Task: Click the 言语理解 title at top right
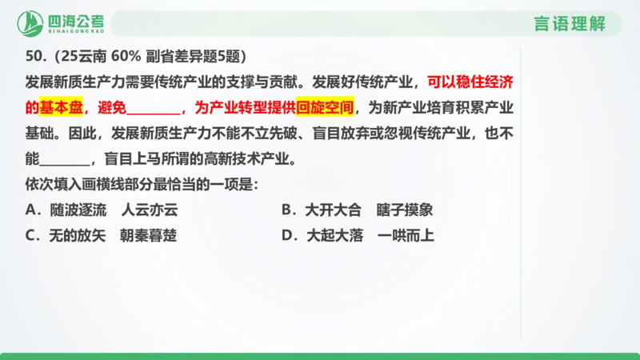[x=569, y=23]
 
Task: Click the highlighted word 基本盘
[x=64, y=107]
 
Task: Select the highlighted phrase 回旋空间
[x=325, y=107]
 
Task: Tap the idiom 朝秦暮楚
[x=149, y=236]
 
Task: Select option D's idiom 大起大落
[x=333, y=236]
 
